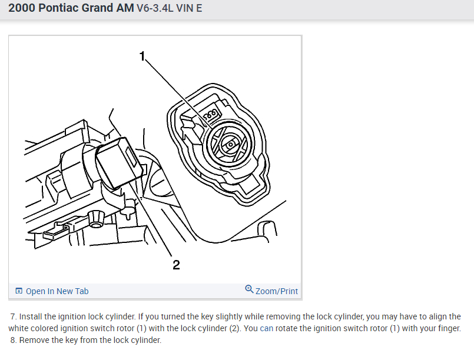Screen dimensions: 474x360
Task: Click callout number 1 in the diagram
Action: (142, 56)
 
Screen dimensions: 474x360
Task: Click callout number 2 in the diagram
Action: (176, 265)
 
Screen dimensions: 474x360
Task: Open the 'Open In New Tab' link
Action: (57, 291)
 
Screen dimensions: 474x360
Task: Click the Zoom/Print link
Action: (277, 291)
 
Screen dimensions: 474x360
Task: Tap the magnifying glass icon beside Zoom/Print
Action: (249, 289)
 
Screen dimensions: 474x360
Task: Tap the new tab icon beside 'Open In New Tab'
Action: (19, 291)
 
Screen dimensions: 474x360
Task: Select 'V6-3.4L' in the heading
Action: (155, 8)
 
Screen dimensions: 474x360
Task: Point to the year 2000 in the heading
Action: (22, 8)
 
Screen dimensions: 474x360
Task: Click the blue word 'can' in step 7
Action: (266, 328)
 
